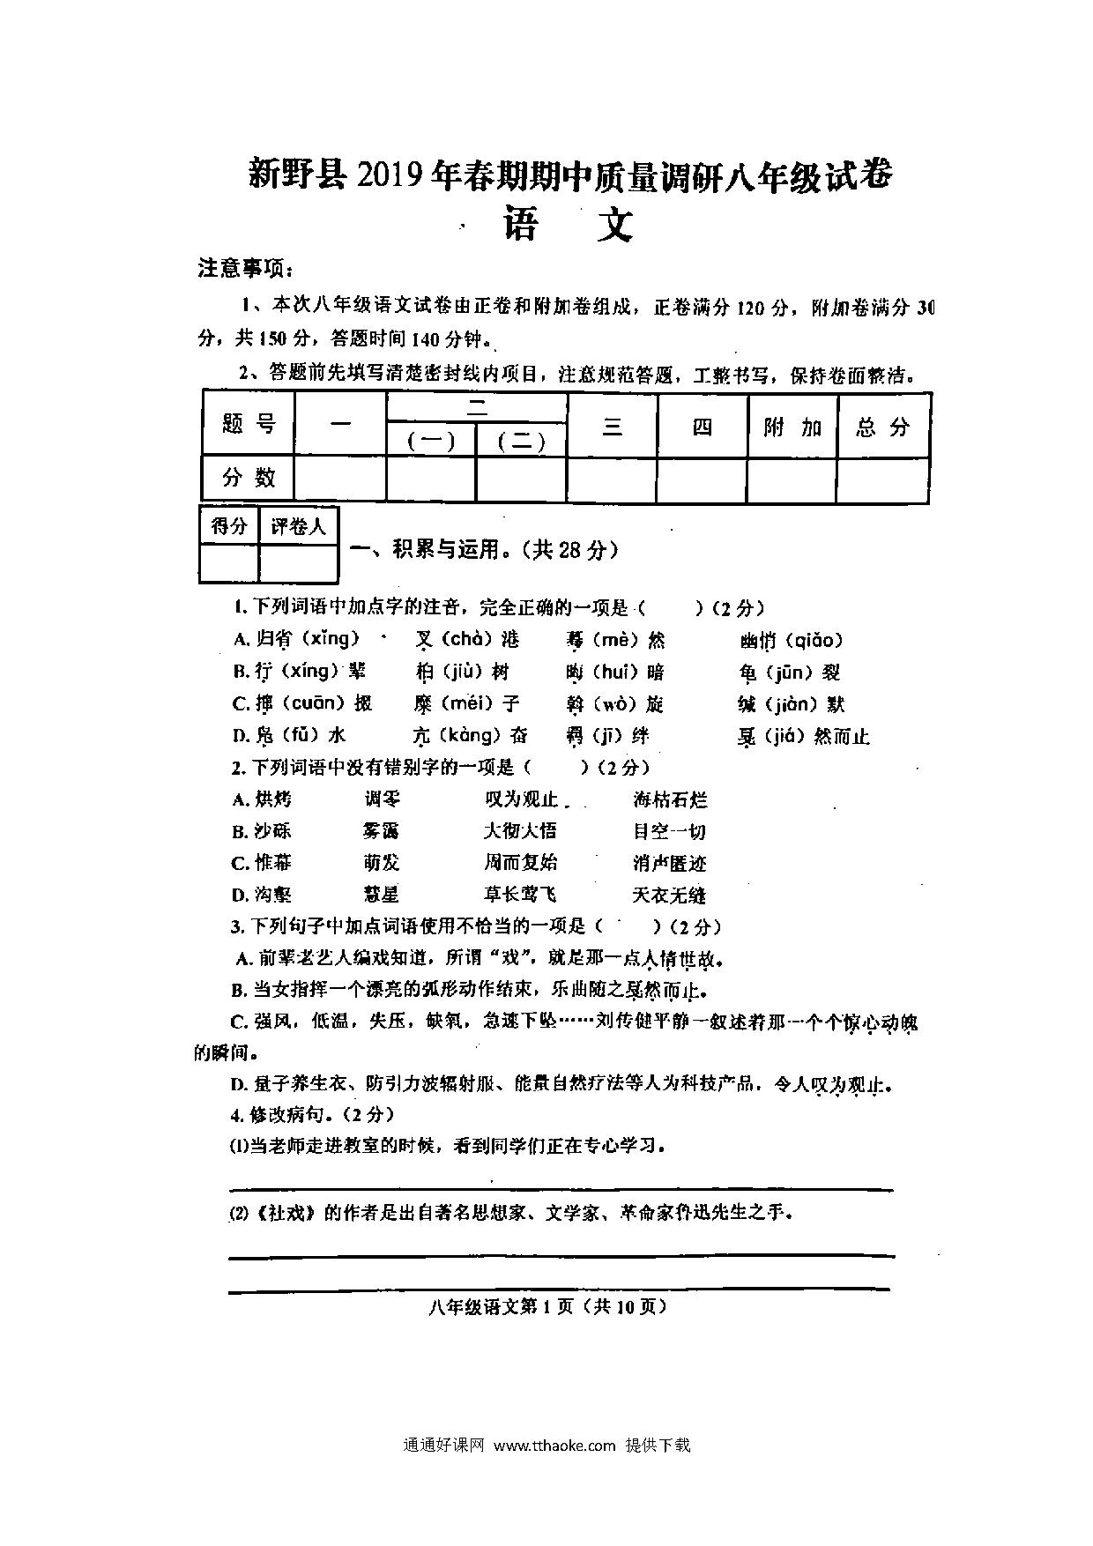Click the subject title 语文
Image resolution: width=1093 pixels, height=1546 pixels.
point(568,225)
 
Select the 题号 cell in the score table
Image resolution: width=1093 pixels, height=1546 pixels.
point(249,425)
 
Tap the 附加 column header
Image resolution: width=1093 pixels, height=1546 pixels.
point(792,427)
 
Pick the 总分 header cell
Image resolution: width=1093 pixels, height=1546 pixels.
point(882,427)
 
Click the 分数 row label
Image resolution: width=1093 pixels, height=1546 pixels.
point(249,478)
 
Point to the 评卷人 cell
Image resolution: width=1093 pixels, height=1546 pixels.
point(298,527)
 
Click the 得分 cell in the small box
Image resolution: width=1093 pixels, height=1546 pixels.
point(229,527)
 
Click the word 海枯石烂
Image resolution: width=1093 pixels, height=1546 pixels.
point(670,800)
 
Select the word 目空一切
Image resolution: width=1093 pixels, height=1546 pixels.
point(670,831)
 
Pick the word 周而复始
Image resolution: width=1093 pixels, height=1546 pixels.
point(520,862)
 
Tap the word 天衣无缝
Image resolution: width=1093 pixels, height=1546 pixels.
point(670,895)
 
